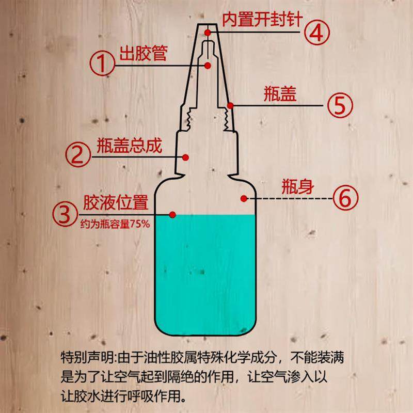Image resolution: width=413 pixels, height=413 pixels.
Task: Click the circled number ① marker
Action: click(x=103, y=63)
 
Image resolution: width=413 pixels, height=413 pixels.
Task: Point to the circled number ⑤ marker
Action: click(x=340, y=105)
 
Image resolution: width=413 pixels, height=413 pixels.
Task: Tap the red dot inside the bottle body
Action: click(x=243, y=198)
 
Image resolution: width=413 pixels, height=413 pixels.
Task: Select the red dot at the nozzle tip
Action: click(x=208, y=32)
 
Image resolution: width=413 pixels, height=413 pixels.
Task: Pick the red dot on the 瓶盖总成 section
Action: click(x=186, y=156)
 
